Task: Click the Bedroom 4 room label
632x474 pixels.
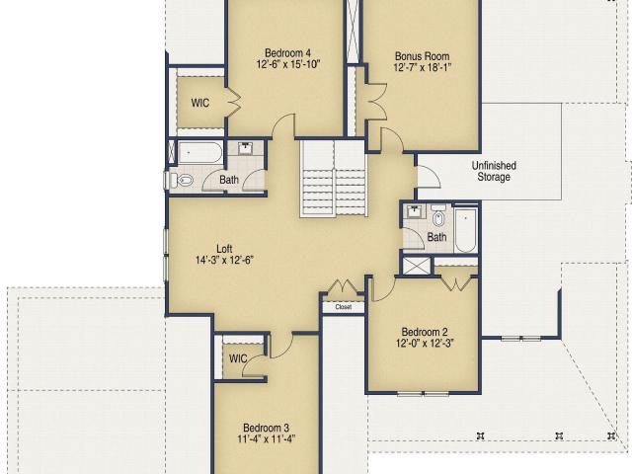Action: (x=287, y=53)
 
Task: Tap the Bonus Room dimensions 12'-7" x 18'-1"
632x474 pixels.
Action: (x=422, y=67)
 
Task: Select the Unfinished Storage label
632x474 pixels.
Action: (x=494, y=171)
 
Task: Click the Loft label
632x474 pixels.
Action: (x=224, y=249)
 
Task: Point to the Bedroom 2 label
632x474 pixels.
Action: (x=425, y=332)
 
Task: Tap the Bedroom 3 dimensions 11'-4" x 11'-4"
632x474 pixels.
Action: (x=266, y=438)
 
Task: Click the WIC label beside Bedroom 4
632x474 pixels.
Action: (x=200, y=103)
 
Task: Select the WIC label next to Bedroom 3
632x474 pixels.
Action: (x=238, y=358)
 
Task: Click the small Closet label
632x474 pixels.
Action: (x=344, y=307)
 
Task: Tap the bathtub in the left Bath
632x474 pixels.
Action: (x=199, y=152)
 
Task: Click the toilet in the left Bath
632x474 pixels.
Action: (x=182, y=180)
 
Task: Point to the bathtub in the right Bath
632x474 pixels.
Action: (x=465, y=230)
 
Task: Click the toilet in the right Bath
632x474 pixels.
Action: (x=438, y=216)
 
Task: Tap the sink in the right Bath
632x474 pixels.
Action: (x=414, y=211)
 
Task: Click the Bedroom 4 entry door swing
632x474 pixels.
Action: (x=283, y=125)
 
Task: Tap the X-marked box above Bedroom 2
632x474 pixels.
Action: (x=417, y=266)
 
